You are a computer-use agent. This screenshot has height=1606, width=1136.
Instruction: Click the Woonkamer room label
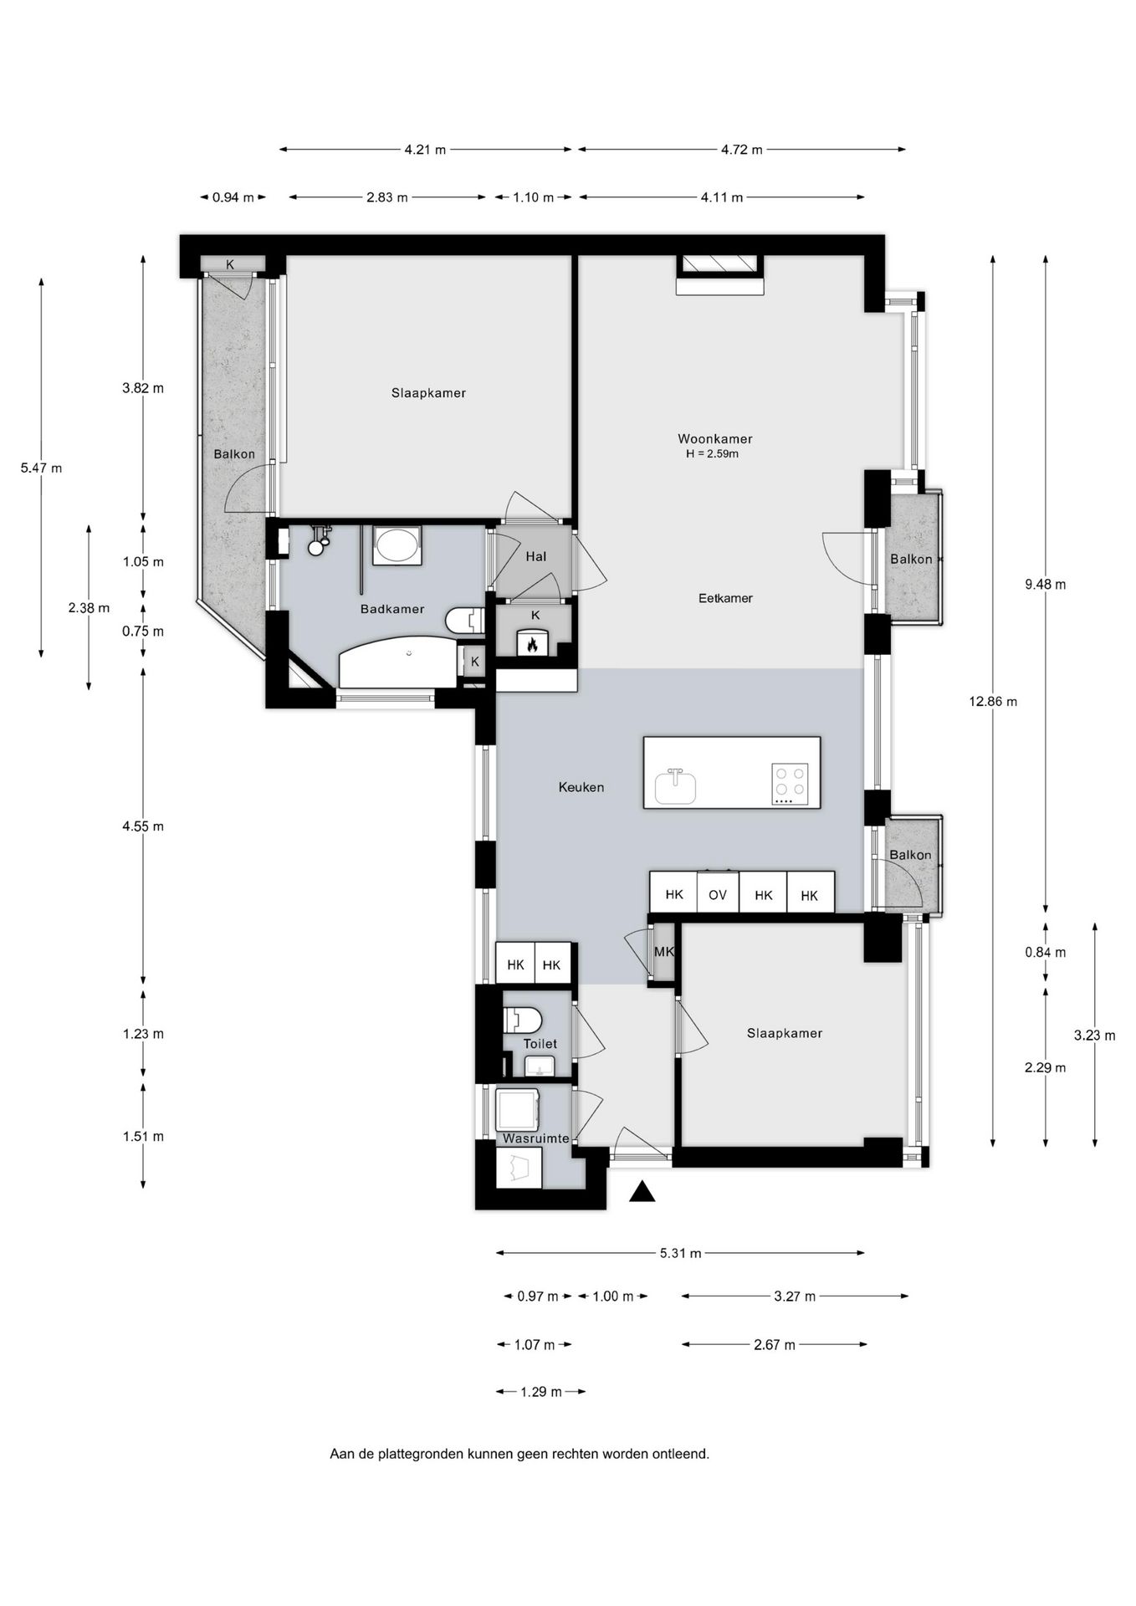tap(714, 438)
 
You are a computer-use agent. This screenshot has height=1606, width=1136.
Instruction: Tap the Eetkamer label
tap(725, 598)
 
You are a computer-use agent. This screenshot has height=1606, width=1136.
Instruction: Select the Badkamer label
tap(391, 609)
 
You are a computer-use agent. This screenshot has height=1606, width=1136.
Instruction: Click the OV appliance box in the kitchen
tap(717, 894)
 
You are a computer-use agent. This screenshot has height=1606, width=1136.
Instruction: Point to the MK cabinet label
tap(663, 952)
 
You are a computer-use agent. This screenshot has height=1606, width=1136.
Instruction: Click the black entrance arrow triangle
tap(642, 1192)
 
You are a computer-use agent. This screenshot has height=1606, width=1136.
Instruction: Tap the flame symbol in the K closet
tap(531, 644)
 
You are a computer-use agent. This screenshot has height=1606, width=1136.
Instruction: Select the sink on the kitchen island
tap(675, 786)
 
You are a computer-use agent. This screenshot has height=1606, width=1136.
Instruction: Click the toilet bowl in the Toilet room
tap(523, 1020)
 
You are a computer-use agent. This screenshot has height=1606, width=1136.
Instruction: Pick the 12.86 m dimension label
tap(993, 702)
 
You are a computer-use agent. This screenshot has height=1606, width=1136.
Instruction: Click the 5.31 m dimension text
tap(680, 1253)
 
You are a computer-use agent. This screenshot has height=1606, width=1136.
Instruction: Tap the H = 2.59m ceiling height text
tap(712, 454)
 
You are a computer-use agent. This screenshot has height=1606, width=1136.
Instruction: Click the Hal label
tap(535, 556)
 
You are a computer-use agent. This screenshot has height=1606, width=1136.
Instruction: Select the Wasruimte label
tap(535, 1138)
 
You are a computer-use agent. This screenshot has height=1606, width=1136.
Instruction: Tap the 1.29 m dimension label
tap(540, 1392)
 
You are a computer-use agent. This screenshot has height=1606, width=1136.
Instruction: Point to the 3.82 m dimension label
tap(143, 388)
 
